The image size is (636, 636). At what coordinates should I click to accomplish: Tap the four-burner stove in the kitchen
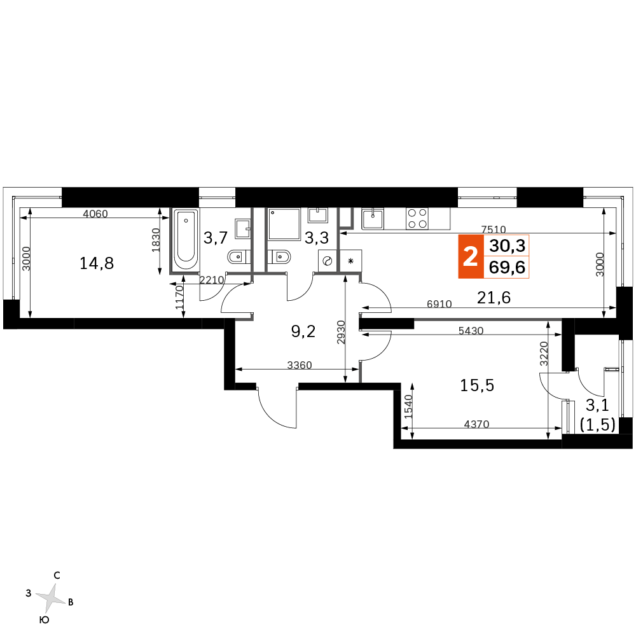(x=417, y=219)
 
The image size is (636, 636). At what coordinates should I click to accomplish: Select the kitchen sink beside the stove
(x=372, y=219)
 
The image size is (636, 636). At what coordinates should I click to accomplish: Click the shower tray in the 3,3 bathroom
(x=284, y=224)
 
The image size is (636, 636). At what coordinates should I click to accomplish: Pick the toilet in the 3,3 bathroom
(x=279, y=257)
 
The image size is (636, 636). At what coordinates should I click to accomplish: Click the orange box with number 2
(x=471, y=256)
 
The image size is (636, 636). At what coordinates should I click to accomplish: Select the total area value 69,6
(x=507, y=267)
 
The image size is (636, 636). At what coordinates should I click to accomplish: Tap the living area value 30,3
(x=507, y=245)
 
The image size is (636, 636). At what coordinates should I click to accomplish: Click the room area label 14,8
(x=97, y=264)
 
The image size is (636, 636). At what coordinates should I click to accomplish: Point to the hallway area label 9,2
(x=303, y=331)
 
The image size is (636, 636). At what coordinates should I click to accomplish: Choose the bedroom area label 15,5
(x=477, y=385)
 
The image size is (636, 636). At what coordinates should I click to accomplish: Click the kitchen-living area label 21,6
(x=494, y=298)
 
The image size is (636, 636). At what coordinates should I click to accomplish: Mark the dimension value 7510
(x=494, y=230)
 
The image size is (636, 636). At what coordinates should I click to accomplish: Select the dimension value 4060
(x=95, y=213)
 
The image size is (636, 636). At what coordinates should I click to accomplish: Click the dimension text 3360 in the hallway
(x=300, y=365)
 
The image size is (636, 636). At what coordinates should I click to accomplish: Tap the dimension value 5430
(x=471, y=331)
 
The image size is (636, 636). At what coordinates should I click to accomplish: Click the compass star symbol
(x=51, y=598)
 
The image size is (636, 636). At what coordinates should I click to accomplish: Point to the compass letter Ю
(x=45, y=619)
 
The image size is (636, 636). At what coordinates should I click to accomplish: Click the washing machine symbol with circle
(x=328, y=261)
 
